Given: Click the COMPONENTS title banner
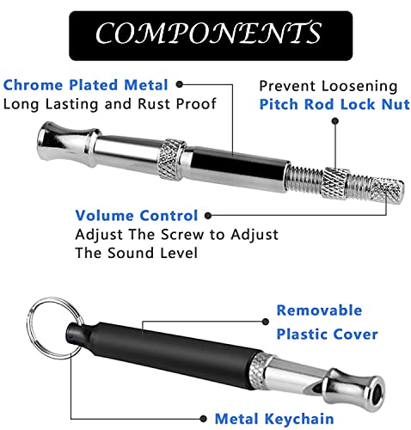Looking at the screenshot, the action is tap(211, 35).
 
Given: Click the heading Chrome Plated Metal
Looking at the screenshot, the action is tap(85, 85).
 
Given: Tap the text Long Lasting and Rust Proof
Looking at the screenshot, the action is tap(110, 104).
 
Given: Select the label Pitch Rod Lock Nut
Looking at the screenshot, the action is tap(334, 104).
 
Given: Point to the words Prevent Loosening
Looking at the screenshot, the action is tap(328, 86).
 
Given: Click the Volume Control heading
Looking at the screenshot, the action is tap(137, 216).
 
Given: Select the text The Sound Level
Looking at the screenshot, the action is tap(137, 253).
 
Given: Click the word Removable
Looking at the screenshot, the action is tap(319, 310).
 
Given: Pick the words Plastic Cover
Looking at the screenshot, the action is tap(327, 335).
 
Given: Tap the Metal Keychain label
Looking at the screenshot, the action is tap(274, 419).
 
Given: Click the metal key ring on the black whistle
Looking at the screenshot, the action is tap(31, 329).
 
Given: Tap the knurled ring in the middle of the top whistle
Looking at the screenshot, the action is tap(171, 160).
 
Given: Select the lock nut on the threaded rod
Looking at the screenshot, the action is tap(334, 183).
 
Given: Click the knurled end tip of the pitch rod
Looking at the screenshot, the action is tap(387, 190).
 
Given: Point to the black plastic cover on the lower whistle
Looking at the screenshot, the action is tap(164, 353).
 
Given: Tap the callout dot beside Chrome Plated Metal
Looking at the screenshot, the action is tap(180, 84).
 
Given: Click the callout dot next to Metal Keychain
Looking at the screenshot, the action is tap(203, 419).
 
